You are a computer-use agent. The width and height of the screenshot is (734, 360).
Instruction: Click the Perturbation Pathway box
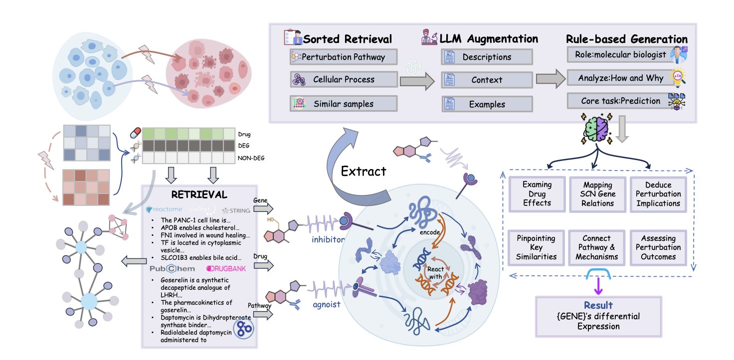click(343, 57)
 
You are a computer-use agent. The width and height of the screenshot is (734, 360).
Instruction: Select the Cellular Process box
click(343, 80)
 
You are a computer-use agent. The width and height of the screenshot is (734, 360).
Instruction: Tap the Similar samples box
click(343, 104)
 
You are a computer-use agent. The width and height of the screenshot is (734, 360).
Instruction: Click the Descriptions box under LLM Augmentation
click(487, 57)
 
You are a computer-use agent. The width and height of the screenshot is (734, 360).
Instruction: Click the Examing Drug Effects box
click(537, 194)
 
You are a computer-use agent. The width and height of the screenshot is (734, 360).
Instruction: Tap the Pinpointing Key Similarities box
click(537, 247)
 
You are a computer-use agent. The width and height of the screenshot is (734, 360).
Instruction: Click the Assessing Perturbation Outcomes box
click(658, 247)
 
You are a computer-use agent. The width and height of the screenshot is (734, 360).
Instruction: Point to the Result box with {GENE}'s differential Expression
click(598, 316)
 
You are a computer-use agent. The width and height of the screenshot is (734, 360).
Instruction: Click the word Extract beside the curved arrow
click(364, 172)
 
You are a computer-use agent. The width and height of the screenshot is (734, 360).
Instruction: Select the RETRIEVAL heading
click(199, 194)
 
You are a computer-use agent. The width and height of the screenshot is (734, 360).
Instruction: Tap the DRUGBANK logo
click(226, 269)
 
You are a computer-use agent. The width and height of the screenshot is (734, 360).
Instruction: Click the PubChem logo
click(173, 269)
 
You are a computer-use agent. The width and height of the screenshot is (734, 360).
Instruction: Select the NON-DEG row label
click(251, 158)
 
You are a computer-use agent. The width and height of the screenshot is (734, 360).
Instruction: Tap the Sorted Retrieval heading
click(347, 39)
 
